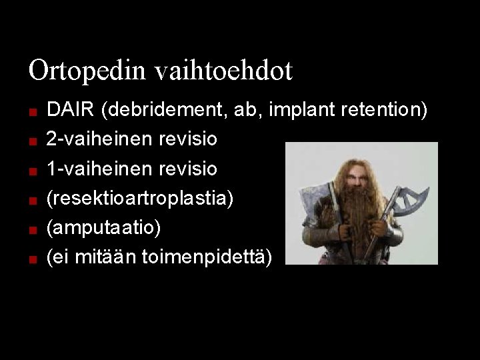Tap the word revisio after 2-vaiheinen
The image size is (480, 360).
coord(188,139)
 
